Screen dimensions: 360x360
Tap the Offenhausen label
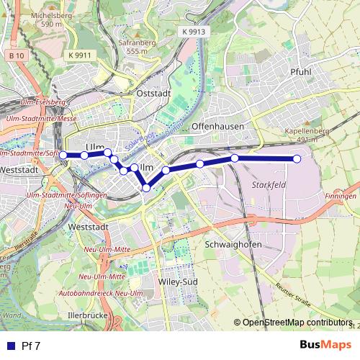(218, 125)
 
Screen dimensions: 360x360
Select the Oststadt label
(153, 93)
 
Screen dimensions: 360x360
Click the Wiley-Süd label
(179, 282)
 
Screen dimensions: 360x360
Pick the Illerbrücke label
(86, 315)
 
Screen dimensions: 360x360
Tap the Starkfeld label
(269, 185)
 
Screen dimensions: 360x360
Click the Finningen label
(341, 196)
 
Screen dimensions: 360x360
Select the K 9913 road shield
(194, 32)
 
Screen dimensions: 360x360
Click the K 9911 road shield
(81, 55)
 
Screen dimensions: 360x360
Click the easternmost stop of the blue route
(297, 158)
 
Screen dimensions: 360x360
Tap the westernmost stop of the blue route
(63, 155)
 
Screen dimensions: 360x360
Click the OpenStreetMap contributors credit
(296, 323)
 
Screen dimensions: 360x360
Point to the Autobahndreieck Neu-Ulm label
(102, 293)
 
